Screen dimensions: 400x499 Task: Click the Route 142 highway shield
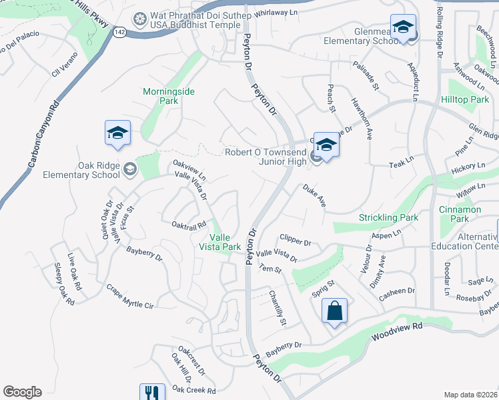[x=119, y=31]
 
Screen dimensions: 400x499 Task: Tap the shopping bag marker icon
[x=334, y=311]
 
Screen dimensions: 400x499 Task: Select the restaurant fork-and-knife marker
[x=152, y=393]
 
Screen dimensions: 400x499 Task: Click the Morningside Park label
[x=169, y=96]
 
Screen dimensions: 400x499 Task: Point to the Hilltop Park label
[x=465, y=99]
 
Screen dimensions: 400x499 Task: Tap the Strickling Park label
[x=388, y=217]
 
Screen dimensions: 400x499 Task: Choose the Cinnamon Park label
[x=460, y=214]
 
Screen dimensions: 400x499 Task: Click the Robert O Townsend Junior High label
[x=266, y=156]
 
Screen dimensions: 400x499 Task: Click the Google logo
[x=22, y=392]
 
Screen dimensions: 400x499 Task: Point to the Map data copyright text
[x=471, y=395]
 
